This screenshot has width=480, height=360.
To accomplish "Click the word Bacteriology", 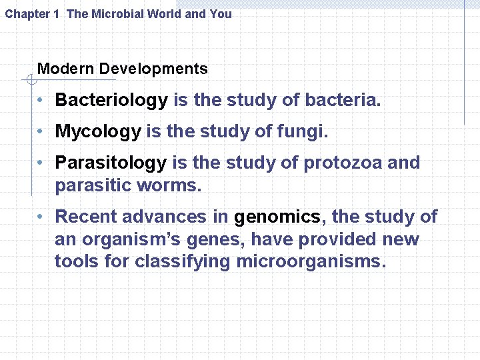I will coord(111,101).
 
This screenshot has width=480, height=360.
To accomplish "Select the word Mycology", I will coord(98,131).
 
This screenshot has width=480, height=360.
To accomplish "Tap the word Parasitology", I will coord(111,163).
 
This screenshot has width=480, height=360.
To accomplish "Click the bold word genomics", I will coord(277,217).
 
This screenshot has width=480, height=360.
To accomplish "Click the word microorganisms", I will coord(311,262).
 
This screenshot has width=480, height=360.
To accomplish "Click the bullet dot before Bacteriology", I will coord(41,101).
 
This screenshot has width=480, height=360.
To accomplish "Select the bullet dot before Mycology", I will coord(41,132).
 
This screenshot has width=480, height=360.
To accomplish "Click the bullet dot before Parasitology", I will coord(41,163).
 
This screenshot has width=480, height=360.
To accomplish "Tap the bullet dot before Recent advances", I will coord(41,217).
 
